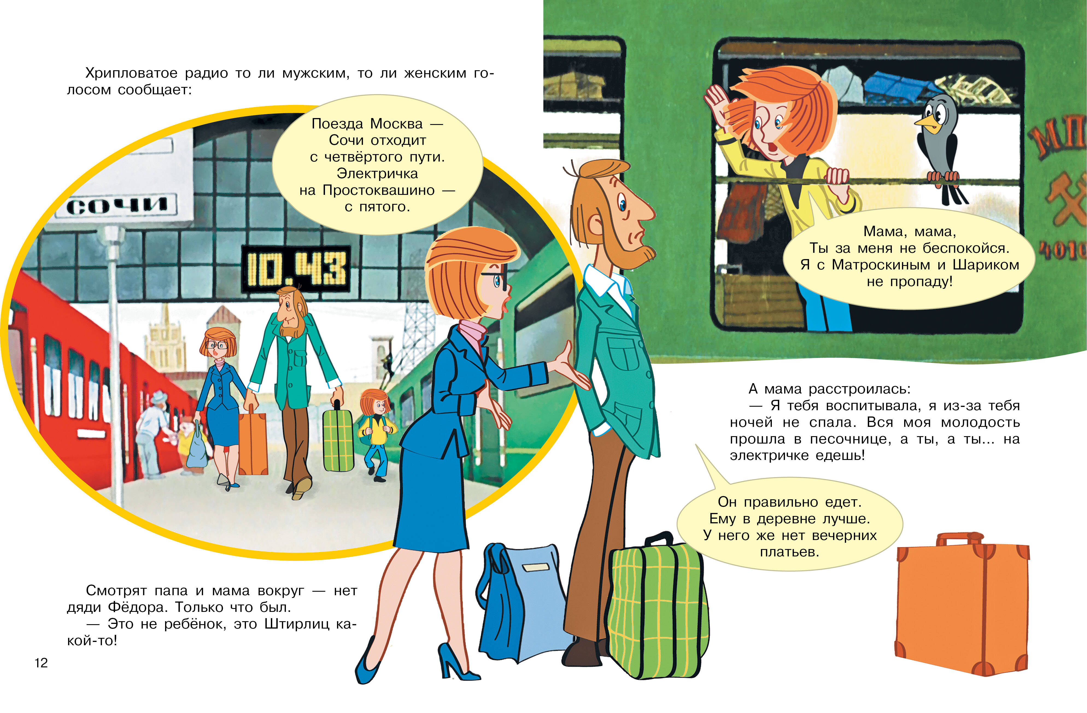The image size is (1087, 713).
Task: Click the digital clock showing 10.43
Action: point(296,269)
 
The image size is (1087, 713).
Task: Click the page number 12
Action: point(41,663)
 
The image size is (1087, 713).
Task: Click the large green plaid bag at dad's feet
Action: point(658,608)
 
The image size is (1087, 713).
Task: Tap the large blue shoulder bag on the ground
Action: point(523,603)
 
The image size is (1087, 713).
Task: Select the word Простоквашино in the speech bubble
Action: point(379,190)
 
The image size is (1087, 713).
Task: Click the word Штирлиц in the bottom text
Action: point(297,624)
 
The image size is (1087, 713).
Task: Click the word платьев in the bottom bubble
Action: point(789,552)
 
